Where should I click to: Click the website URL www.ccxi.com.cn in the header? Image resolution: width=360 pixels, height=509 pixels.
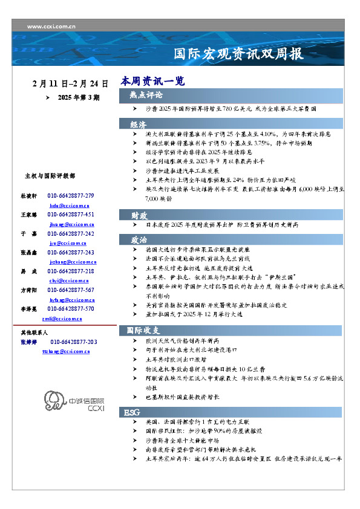click(x=51, y=27)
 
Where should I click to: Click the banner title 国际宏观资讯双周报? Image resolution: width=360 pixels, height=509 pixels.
click(x=238, y=54)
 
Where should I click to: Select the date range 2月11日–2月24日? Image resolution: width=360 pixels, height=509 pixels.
click(x=70, y=83)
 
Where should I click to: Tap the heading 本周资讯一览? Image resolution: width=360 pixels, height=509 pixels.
click(x=152, y=81)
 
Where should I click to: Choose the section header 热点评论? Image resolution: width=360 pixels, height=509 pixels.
click(x=146, y=95)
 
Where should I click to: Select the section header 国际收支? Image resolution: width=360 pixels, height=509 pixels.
click(x=143, y=331)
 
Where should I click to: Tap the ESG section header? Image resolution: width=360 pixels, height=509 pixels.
click(x=133, y=412)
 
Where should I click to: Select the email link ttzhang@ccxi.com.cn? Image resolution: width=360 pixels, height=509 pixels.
click(x=66, y=351)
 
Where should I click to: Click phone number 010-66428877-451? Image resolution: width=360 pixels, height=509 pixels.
click(x=71, y=215)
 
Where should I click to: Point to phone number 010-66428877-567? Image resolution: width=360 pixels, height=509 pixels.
click(x=71, y=291)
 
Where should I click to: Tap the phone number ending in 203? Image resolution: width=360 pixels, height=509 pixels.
click(x=74, y=342)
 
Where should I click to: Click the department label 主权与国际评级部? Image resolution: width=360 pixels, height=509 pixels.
click(x=50, y=176)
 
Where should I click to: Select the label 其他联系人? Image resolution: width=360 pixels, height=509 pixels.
click(x=34, y=333)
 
